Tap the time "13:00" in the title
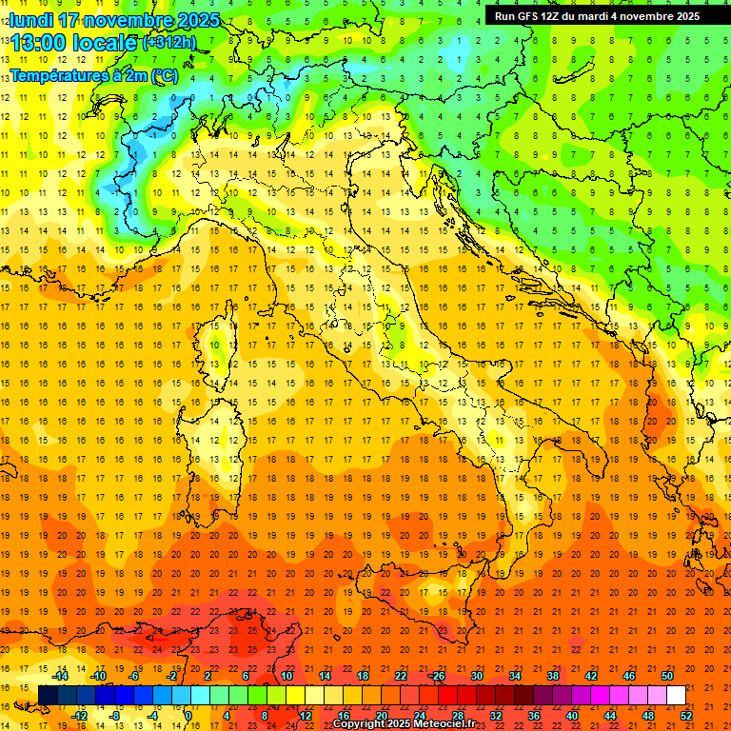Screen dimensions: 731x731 [x=36, y=44]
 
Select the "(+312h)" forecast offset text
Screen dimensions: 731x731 [x=168, y=42]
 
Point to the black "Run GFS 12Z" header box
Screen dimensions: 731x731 [x=598, y=15]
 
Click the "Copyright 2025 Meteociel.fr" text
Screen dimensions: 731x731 [x=404, y=724]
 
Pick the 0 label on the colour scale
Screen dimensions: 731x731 [x=188, y=716]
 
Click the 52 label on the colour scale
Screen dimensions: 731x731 [x=687, y=716]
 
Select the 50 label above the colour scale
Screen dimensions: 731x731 [x=666, y=676]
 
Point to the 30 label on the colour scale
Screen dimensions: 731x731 [x=476, y=676]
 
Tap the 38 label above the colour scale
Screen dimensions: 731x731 [x=552, y=676]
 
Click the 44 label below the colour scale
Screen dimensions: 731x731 [x=611, y=716]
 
